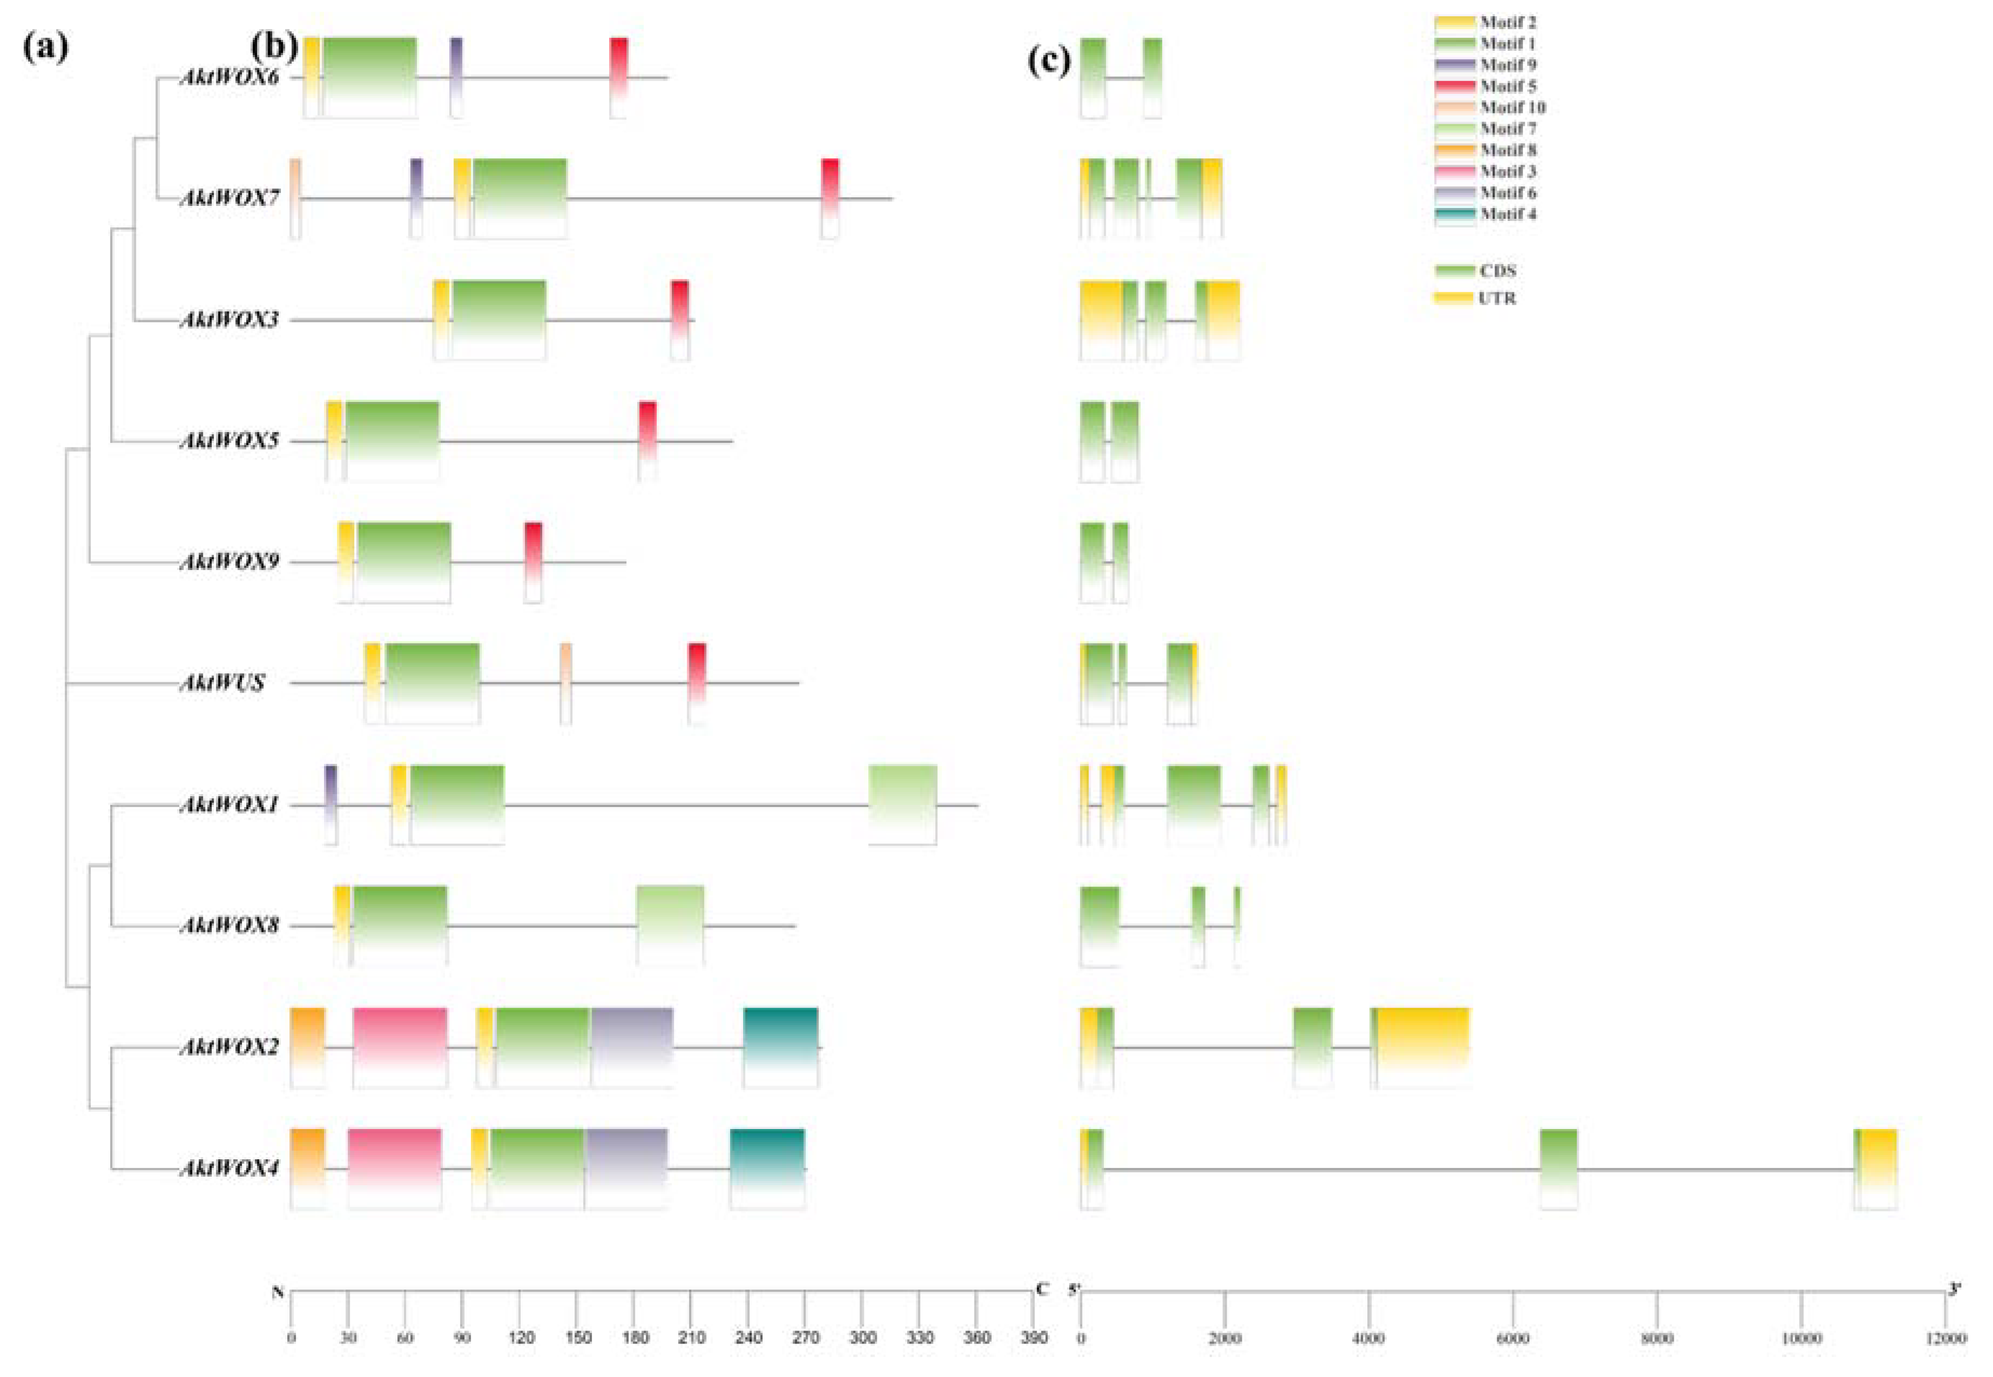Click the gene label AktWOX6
point(228,78)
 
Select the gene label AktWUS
point(221,683)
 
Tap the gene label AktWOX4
point(228,1169)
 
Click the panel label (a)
point(45,48)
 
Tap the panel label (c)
point(1049,61)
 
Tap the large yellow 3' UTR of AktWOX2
point(1422,1044)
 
